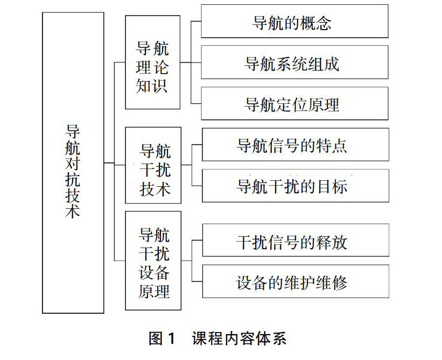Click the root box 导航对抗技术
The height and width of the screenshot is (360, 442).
click(x=73, y=163)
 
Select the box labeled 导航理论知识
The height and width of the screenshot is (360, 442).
click(x=152, y=62)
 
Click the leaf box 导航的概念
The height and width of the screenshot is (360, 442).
click(x=294, y=22)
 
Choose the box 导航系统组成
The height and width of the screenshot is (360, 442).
click(x=294, y=63)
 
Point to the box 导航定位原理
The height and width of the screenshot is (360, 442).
click(x=294, y=103)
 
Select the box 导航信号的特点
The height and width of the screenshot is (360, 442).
click(x=294, y=145)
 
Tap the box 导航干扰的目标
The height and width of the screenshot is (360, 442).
click(x=294, y=186)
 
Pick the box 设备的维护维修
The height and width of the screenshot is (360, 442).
click(x=294, y=282)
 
